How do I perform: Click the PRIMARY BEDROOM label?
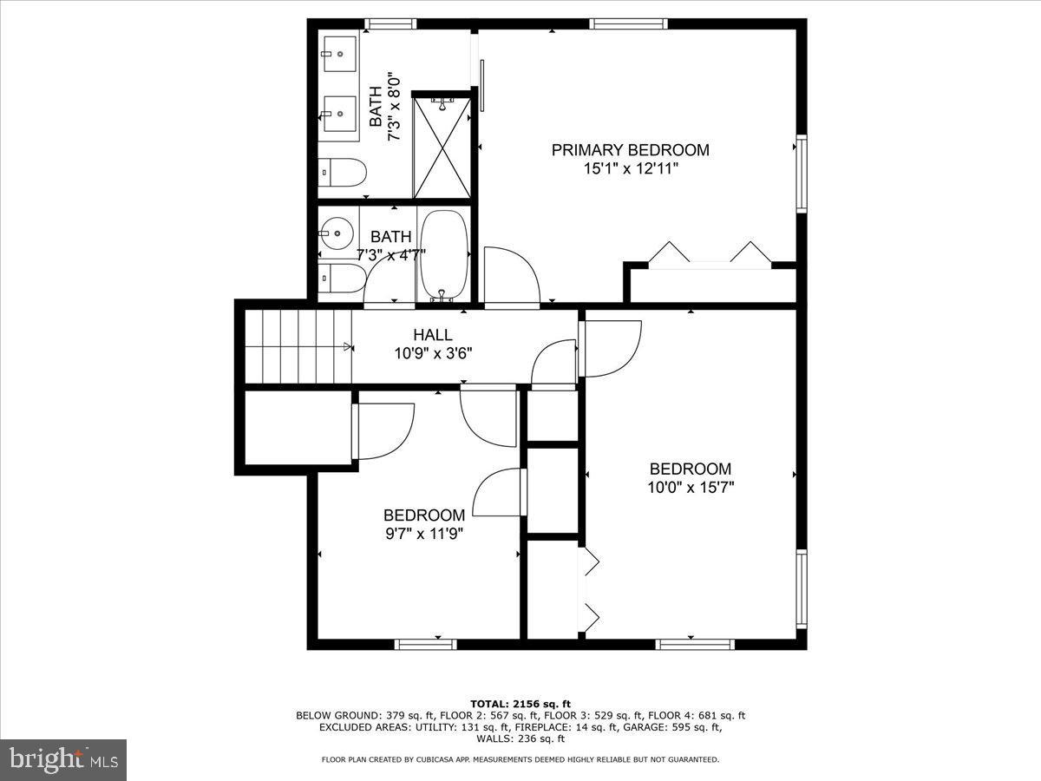click(630, 150)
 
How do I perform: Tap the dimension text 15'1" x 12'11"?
click(630, 168)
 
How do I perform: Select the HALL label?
click(432, 335)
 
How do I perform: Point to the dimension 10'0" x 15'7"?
click(691, 488)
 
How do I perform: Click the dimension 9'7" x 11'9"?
click(424, 534)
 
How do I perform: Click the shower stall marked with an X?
click(442, 148)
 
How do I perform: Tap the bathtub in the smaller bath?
click(443, 255)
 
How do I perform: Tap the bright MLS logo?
click(63, 760)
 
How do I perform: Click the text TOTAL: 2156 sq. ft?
click(520, 704)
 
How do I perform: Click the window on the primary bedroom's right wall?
click(801, 174)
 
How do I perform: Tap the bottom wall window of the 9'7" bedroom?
click(425, 644)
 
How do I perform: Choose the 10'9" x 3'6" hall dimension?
click(433, 353)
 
